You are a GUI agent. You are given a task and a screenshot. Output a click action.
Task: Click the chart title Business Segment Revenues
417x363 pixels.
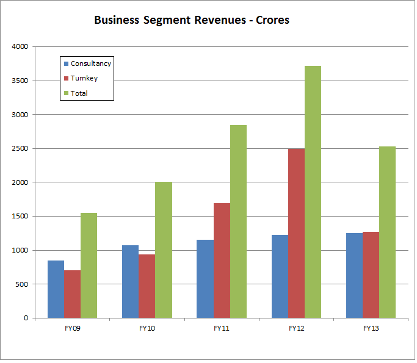pos(191,20)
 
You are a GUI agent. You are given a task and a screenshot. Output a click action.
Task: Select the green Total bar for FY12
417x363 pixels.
pos(313,192)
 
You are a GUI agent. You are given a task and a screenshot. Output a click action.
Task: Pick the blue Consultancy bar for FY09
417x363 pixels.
pos(56,289)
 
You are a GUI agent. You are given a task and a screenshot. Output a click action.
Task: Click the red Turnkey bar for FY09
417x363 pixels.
pos(72,294)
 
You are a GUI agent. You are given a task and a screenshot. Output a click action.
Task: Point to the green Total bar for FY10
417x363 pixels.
pos(163,250)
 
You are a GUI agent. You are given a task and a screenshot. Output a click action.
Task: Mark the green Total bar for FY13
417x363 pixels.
pos(387,232)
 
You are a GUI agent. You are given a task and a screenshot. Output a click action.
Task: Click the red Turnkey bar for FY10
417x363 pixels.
pos(147,286)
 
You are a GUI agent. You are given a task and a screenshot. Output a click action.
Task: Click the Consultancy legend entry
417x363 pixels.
pos(90,63)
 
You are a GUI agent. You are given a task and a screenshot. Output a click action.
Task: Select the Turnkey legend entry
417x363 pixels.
pos(84,78)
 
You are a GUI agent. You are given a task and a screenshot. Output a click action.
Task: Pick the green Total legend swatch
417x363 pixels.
pos(66,93)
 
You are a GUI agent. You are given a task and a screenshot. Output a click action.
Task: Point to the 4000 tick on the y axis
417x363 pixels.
pos(20,46)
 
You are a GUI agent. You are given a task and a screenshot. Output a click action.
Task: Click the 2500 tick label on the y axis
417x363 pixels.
pos(20,148)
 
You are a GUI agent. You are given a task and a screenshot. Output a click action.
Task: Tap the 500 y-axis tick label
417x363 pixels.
pos(22,284)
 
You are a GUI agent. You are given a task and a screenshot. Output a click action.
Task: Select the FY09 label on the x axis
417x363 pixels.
pos(72,328)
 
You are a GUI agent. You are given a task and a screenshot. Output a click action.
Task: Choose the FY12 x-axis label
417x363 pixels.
pos(296,328)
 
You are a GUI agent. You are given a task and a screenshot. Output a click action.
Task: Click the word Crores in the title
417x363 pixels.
pos(270,20)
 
